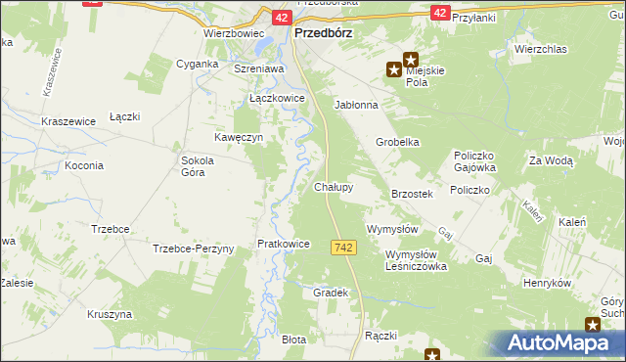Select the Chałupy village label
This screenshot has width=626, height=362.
[334, 186]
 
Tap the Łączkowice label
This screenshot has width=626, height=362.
[278, 99]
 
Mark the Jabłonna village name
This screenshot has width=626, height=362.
[356, 104]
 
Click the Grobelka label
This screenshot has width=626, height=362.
[398, 142]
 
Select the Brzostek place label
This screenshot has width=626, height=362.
[412, 195]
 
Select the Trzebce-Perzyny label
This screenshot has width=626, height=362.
[194, 249]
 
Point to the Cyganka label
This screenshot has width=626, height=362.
[197, 63]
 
